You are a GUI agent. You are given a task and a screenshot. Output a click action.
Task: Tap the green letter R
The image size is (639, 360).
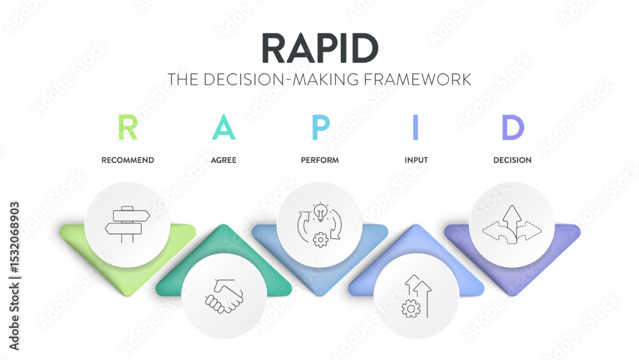[x=128, y=127]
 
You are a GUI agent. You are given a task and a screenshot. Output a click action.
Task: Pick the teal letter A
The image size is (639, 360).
[x=224, y=127]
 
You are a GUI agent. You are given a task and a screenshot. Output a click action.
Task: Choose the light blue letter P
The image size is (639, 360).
[x=320, y=127]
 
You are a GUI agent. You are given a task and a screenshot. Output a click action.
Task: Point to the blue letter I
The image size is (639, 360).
[x=415, y=127]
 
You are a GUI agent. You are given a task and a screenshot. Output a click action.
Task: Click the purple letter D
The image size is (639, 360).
[x=512, y=127]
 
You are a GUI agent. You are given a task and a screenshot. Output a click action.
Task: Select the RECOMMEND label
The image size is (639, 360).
[x=128, y=160]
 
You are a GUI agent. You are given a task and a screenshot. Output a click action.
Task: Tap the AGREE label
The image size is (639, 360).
[x=224, y=160]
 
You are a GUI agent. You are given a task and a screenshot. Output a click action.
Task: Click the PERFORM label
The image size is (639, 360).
[x=319, y=160]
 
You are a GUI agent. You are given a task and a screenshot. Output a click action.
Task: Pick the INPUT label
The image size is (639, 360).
[x=415, y=160]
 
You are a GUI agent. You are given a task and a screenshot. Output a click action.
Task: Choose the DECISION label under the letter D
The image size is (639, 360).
[x=512, y=160]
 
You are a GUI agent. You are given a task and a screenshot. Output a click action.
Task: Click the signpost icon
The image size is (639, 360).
[x=127, y=224]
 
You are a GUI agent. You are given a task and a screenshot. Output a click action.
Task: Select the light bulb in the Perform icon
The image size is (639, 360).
[x=319, y=211]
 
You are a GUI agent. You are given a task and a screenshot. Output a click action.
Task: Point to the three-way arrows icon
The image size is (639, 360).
[x=512, y=224]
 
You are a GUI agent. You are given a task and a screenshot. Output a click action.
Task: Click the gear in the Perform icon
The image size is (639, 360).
[x=321, y=239]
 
